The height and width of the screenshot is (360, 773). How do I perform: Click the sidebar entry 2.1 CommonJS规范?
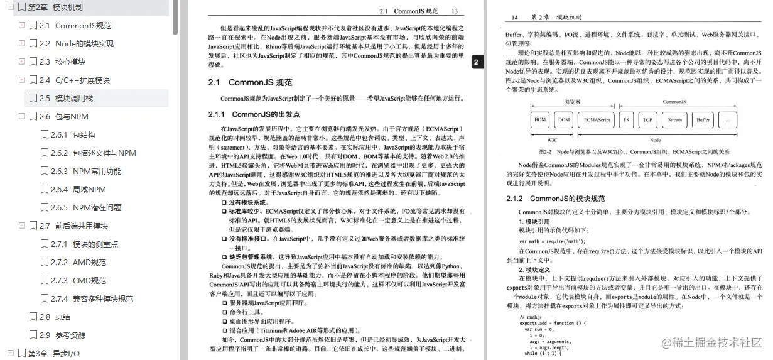[x=83, y=26]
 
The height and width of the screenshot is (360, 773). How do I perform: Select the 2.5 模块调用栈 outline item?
[x=73, y=98]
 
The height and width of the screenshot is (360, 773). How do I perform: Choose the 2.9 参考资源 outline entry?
[x=70, y=335]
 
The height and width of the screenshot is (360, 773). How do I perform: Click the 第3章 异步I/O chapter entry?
[x=53, y=353]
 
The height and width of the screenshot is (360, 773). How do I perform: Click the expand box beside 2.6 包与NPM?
[x=22, y=116]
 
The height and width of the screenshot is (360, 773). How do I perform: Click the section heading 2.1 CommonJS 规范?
[x=250, y=82]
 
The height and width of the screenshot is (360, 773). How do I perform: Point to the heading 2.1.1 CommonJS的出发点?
[x=254, y=114]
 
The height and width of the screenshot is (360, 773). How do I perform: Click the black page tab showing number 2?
[x=476, y=62]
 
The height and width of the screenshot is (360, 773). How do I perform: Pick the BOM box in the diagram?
[x=540, y=119]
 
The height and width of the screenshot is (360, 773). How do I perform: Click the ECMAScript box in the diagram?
[x=597, y=119]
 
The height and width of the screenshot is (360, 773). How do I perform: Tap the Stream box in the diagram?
[x=674, y=119]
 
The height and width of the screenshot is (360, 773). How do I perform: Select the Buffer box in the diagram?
[x=703, y=119]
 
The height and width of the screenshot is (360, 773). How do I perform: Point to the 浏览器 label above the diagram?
[x=571, y=101]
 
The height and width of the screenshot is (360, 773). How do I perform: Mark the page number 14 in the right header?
[x=515, y=18]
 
